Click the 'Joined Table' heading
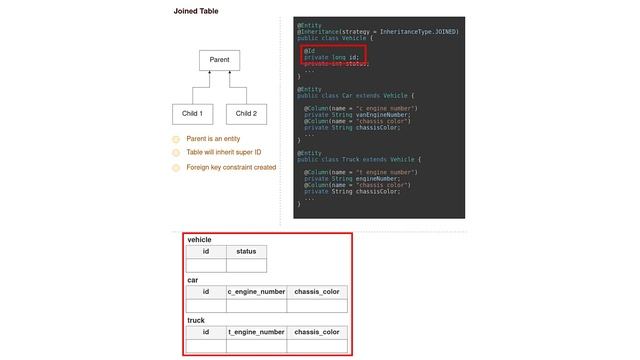pyautogui.click(x=196, y=11)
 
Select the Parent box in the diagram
pyautogui.click(x=220, y=61)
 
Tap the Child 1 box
pyautogui.click(x=194, y=114)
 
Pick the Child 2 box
pyautogui.click(x=246, y=114)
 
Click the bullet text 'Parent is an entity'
pyautogui.click(x=213, y=139)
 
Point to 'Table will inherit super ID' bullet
pyautogui.click(x=224, y=153)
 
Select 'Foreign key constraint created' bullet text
pyautogui.click(x=231, y=167)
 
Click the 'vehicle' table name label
pyautogui.click(x=199, y=240)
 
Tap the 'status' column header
pyautogui.click(x=246, y=252)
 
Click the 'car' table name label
pyautogui.click(x=193, y=280)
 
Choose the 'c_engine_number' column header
pyautogui.click(x=257, y=292)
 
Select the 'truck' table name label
pyautogui.click(x=196, y=320)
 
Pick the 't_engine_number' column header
pyautogui.click(x=257, y=332)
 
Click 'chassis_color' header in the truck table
pyautogui.click(x=317, y=332)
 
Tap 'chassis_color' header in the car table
pyautogui.click(x=317, y=292)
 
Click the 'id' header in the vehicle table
pyautogui.click(x=206, y=252)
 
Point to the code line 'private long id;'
pyautogui.click(x=331, y=57)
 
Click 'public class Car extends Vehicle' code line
pyautogui.click(x=354, y=95)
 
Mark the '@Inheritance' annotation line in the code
pyautogui.click(x=378, y=31)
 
